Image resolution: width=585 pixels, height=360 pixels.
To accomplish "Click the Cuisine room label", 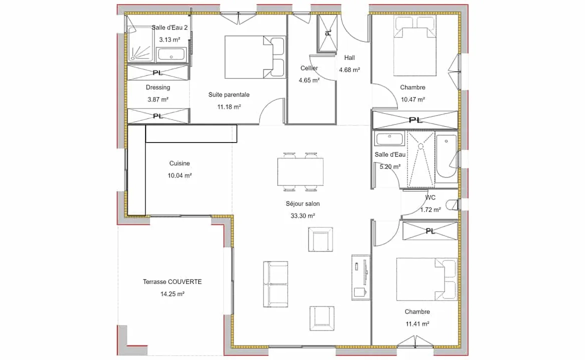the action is click(179, 163).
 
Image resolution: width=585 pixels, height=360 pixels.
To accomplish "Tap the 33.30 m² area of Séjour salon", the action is click(302, 216).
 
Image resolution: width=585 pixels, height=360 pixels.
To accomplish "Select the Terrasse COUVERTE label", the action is click(172, 281).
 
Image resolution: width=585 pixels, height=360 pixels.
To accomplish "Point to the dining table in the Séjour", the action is click(300, 172).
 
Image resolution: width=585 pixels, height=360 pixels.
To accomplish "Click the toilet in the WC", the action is click(452, 205).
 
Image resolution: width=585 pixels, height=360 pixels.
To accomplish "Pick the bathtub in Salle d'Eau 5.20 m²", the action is click(446, 156).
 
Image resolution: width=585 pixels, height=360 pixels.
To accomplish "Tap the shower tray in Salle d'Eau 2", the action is click(140, 43).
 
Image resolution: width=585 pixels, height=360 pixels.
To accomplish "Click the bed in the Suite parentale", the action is click(255, 57).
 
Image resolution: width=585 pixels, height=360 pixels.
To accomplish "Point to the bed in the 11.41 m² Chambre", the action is click(426, 279).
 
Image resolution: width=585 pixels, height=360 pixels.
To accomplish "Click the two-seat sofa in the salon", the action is click(275, 284).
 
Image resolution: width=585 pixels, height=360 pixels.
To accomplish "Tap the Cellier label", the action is click(309, 68).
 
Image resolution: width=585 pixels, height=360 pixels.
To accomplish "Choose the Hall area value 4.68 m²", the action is click(349, 70).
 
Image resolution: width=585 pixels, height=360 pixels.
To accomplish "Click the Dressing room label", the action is click(158, 87).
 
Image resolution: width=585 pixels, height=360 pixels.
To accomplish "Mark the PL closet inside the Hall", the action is click(327, 33).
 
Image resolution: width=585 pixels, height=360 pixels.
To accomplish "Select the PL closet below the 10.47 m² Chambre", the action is click(415, 120).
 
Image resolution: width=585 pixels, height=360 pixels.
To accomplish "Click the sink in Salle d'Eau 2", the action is click(171, 54).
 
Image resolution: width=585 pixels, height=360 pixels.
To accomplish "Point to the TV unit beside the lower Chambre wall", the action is click(361, 277).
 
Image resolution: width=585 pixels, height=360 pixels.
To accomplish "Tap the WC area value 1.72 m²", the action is click(430, 210).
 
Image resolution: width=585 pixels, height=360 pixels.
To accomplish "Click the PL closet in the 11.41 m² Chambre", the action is click(430, 231).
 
